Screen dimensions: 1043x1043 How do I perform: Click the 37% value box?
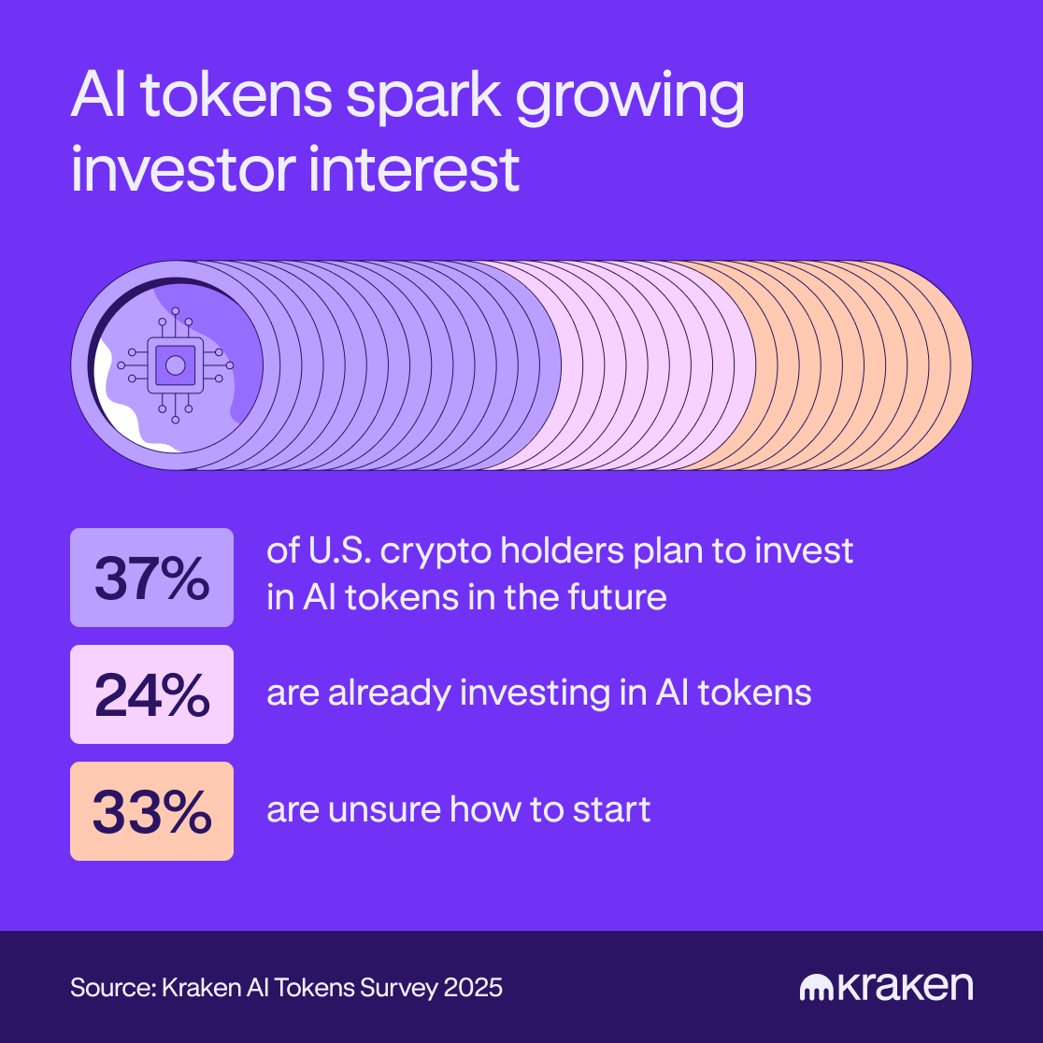pos(151,578)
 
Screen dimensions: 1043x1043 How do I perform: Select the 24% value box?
pos(151,694)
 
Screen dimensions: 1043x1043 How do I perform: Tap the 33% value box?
pos(151,811)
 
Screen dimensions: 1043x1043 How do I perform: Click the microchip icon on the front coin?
pos(175,364)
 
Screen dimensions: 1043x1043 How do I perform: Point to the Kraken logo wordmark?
pos(885,987)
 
